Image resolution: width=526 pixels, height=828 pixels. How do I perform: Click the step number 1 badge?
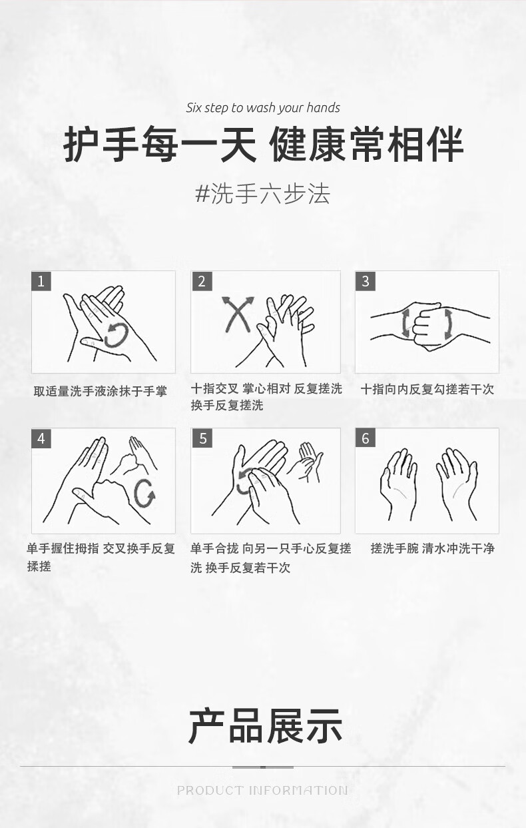click(x=41, y=281)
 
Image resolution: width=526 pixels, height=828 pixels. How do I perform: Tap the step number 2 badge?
click(x=202, y=281)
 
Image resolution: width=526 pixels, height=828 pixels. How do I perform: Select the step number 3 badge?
click(x=366, y=281)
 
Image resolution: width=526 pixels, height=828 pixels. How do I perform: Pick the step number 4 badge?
click(x=41, y=438)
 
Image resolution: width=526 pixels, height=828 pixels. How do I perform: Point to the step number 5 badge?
click(x=202, y=438)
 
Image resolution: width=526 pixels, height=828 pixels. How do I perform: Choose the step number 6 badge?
click(x=366, y=438)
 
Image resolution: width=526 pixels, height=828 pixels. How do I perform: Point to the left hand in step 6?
click(x=399, y=484)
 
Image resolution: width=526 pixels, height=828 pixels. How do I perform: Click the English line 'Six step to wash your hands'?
click(x=262, y=108)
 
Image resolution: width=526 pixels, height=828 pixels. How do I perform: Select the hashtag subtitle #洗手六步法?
click(x=262, y=193)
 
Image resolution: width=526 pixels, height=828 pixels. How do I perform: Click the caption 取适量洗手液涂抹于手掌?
click(x=101, y=391)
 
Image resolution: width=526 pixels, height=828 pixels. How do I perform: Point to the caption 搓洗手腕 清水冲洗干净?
click(x=433, y=548)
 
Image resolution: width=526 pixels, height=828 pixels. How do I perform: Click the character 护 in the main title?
click(x=81, y=143)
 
